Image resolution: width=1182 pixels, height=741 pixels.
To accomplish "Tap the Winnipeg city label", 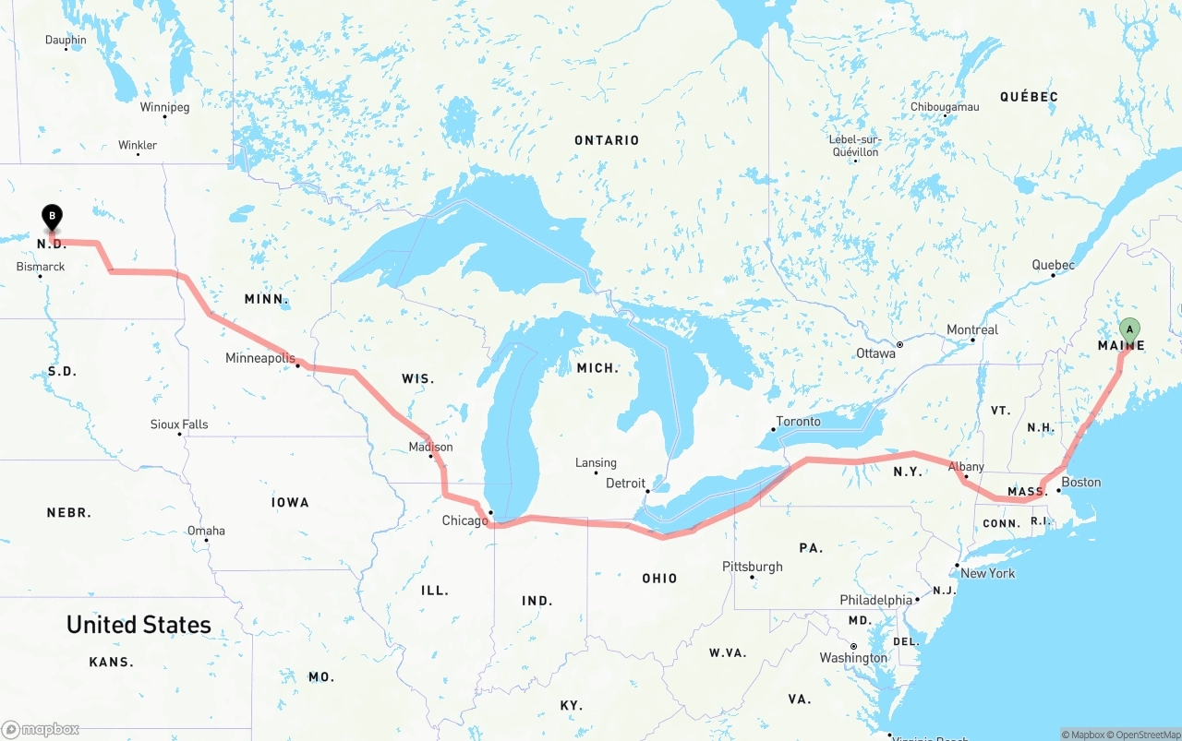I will click(x=164, y=107).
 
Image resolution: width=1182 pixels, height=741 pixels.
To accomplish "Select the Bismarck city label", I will click(x=41, y=267).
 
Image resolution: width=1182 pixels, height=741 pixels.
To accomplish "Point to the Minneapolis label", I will click(x=260, y=358).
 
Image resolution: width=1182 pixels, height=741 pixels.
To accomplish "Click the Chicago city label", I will click(x=464, y=520).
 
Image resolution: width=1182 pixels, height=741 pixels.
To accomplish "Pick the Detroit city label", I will click(x=625, y=483).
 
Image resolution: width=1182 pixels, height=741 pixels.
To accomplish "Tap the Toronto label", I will click(x=798, y=421).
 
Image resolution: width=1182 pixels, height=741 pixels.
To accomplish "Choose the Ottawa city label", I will click(x=875, y=353).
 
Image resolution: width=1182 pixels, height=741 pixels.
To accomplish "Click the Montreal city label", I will click(x=971, y=329).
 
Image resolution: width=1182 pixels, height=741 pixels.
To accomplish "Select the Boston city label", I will click(x=1080, y=482).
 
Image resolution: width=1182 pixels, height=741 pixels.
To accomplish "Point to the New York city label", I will click(x=987, y=573).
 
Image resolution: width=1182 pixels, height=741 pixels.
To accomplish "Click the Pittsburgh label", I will click(x=753, y=567).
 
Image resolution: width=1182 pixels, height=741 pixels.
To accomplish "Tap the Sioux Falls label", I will click(x=179, y=424).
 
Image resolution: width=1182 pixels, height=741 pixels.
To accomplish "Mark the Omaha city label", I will click(x=206, y=531).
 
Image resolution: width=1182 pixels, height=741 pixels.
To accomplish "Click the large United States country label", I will click(x=139, y=625).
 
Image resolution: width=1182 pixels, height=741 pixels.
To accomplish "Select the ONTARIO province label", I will click(x=607, y=140).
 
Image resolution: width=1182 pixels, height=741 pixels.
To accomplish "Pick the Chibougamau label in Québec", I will click(x=945, y=107).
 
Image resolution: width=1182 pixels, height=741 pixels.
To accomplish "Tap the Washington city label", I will click(x=853, y=658).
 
